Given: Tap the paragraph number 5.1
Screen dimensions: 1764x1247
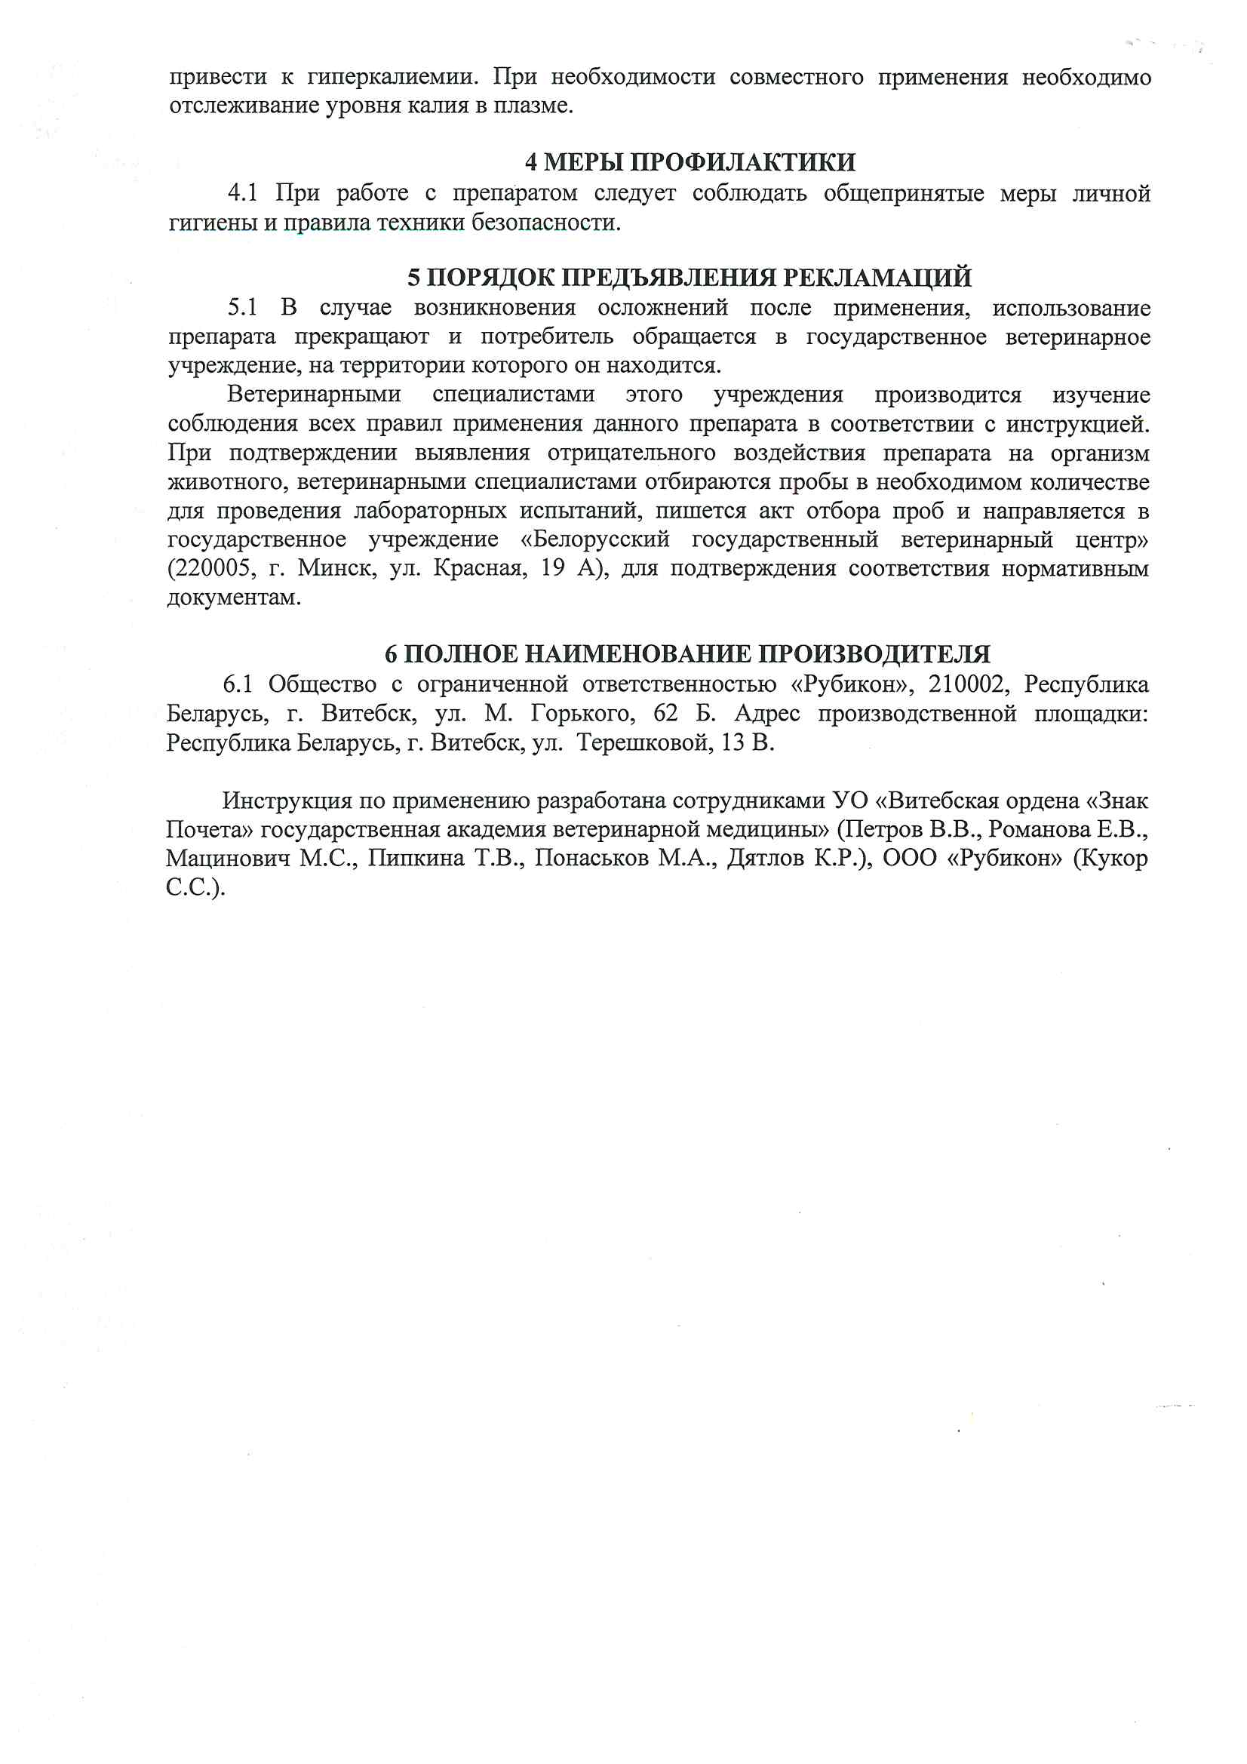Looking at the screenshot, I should [242, 308].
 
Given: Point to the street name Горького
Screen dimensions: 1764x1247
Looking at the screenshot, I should [582, 714].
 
